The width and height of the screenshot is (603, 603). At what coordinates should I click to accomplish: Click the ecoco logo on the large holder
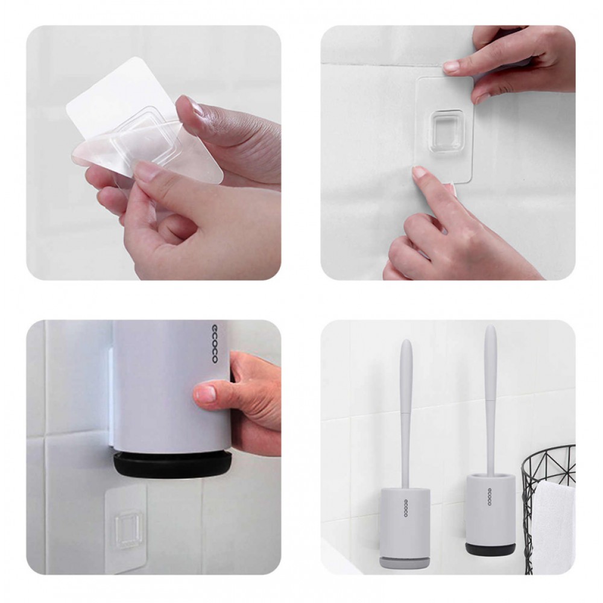215,344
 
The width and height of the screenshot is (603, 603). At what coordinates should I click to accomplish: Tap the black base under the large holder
172,466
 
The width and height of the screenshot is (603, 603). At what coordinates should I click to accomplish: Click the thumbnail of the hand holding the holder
206,394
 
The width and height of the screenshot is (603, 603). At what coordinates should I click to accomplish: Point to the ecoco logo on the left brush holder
406,508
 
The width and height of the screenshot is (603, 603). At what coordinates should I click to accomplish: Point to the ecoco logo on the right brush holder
490,496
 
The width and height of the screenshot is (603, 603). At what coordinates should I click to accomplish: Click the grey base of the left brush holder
405,561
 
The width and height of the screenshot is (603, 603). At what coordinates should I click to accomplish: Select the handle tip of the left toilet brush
406,341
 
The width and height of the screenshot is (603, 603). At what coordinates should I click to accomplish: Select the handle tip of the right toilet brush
490,327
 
